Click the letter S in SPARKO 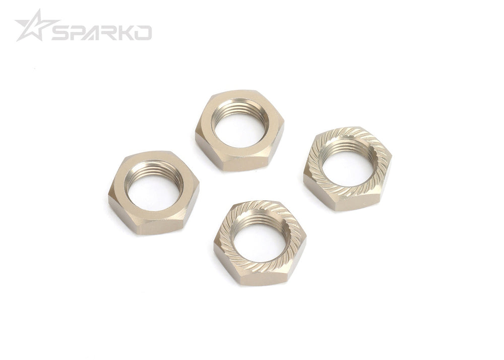click(61, 33)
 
